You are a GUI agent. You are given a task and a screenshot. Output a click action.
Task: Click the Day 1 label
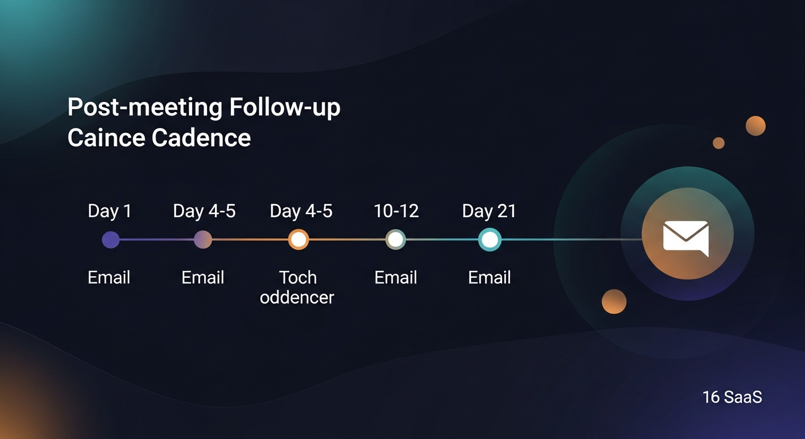coord(109,211)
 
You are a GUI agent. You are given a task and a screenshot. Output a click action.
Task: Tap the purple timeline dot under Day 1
coord(110,240)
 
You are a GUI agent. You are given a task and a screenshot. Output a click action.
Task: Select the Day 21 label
coord(489,211)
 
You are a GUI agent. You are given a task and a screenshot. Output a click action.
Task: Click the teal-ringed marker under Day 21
coord(489,240)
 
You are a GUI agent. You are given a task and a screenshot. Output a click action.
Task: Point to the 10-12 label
coord(396,211)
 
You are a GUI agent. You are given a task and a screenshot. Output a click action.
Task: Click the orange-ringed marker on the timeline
coord(298,240)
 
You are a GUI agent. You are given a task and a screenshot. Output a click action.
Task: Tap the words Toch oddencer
coord(297,288)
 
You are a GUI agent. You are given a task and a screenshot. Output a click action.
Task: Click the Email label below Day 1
coord(109,278)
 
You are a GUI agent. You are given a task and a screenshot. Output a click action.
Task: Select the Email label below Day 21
coord(489,278)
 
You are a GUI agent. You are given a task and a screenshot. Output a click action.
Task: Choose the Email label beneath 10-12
coord(396,278)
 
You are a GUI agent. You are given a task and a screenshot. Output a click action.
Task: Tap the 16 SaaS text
coord(732,397)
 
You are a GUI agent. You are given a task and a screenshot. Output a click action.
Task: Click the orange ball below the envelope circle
coord(614,301)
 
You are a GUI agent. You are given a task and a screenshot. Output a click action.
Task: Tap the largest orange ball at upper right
coord(755,126)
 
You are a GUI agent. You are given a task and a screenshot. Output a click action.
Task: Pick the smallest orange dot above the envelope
coord(719,143)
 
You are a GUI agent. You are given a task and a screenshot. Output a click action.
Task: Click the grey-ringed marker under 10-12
coord(396,240)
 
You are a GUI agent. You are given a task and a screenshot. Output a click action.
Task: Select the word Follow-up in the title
coord(284,108)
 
